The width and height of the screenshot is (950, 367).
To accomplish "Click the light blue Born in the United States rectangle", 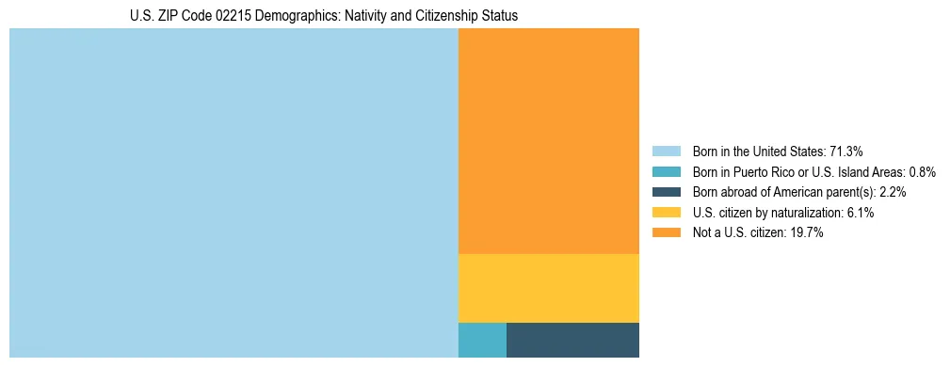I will tap(233, 193).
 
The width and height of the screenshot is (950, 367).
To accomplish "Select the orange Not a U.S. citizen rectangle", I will tap(548, 141).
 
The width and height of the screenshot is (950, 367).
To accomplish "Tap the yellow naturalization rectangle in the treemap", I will tap(548, 288).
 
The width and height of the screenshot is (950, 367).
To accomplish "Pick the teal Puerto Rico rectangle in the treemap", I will tap(482, 340).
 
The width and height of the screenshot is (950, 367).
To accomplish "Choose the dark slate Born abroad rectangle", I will tap(572, 340).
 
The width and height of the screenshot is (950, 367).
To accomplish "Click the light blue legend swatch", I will tap(667, 152).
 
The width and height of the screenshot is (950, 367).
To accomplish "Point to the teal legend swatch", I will tap(667, 172).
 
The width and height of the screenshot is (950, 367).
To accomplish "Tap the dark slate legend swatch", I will tap(667, 192).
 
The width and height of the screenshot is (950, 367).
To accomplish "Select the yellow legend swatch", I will tap(667, 213).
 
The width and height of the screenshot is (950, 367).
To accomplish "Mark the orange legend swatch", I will tap(667, 233).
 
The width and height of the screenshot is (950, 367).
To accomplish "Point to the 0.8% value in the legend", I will tap(922, 172).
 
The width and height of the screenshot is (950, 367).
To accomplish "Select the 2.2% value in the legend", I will tap(891, 192).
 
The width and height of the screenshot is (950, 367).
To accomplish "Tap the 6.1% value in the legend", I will tap(859, 213).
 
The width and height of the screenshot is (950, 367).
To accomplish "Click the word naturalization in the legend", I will tap(807, 213).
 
